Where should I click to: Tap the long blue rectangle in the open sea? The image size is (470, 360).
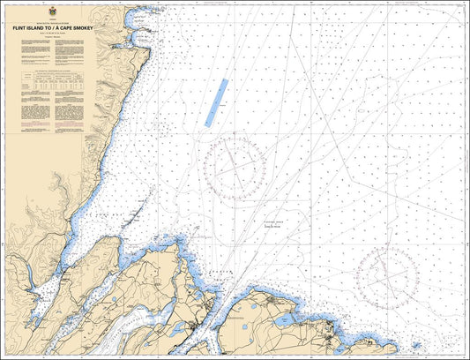click(x=216, y=102)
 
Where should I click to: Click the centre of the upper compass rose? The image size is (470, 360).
click(x=235, y=166)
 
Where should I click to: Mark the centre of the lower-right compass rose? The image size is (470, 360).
click(x=388, y=276)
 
